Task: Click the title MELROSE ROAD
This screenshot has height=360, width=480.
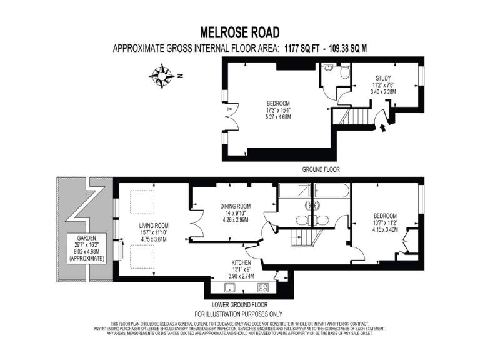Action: pos(239,32)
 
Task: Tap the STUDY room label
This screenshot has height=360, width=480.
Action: pos(384,78)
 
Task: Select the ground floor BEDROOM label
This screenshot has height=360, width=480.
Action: pos(278,103)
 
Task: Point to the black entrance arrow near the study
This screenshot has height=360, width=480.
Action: pos(382,128)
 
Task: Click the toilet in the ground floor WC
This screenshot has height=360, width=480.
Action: pos(344,73)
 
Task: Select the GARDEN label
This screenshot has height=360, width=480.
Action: pos(87,238)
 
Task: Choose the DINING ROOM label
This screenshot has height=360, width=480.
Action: pos(235,206)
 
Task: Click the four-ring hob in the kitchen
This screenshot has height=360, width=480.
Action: pos(263,288)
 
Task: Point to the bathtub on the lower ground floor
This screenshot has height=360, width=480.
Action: pos(331,190)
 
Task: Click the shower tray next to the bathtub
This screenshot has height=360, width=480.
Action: pos(294,191)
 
